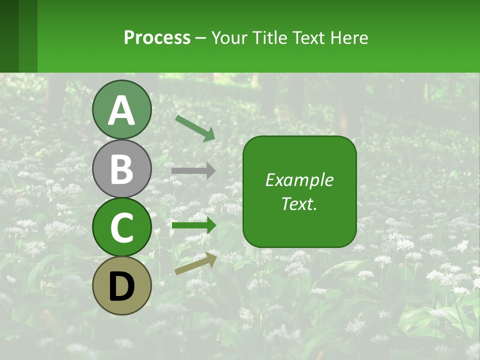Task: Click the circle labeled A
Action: (121, 109)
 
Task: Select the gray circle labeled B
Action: (121, 168)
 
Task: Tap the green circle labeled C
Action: (121, 227)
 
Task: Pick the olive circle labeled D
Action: (121, 286)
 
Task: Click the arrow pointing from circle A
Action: (195, 128)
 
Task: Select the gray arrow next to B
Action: (193, 170)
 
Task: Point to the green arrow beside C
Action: (193, 226)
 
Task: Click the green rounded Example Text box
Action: (299, 191)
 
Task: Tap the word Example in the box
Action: (299, 180)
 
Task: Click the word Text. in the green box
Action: (299, 203)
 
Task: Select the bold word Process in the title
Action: (157, 37)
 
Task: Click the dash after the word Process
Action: (201, 38)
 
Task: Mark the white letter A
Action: (121, 110)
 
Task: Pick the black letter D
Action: (121, 287)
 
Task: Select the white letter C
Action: (121, 228)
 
